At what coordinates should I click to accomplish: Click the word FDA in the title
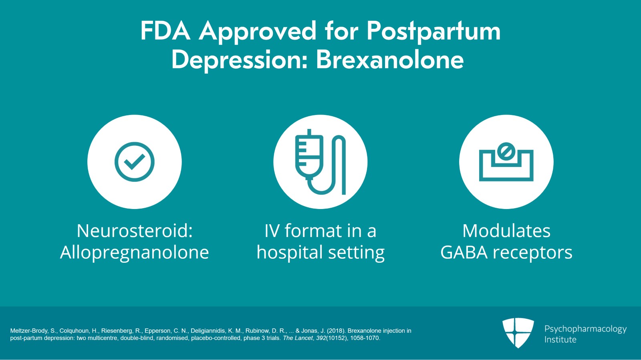(165, 31)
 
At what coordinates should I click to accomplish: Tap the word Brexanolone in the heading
(390, 60)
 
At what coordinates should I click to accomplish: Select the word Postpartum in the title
(433, 31)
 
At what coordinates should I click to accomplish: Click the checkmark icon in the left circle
(135, 162)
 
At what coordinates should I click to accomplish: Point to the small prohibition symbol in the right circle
(506, 151)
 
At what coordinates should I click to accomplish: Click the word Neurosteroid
(135, 231)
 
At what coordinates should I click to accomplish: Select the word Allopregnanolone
(135, 252)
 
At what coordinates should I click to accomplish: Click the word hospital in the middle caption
(290, 252)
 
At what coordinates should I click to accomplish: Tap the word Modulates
(506, 231)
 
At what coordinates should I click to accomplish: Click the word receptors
(532, 252)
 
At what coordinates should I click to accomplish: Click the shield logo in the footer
(518, 332)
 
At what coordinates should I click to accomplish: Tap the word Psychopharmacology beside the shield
(585, 329)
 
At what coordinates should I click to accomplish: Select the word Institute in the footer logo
(560, 340)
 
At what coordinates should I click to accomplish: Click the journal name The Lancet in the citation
(298, 338)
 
